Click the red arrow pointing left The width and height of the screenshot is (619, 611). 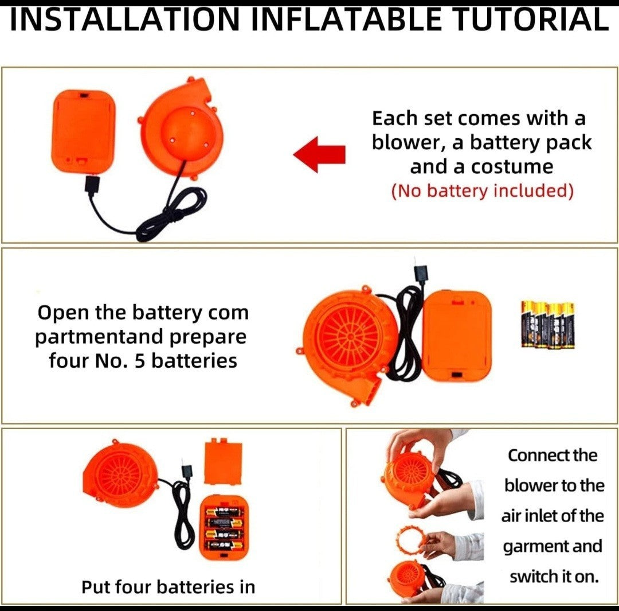pyautogui.click(x=319, y=154)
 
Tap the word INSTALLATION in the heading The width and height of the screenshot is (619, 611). pyautogui.click(x=125, y=20)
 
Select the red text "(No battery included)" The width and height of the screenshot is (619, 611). pyautogui.click(x=482, y=191)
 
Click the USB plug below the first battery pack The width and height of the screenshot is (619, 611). pyautogui.click(x=92, y=185)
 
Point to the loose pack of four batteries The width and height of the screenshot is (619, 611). pyautogui.click(x=548, y=325)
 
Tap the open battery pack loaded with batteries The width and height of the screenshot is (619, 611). pyautogui.click(x=224, y=528)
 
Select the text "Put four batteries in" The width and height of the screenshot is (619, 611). pyautogui.click(x=168, y=587)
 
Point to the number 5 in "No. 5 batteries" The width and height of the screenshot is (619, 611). pyautogui.click(x=140, y=361)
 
